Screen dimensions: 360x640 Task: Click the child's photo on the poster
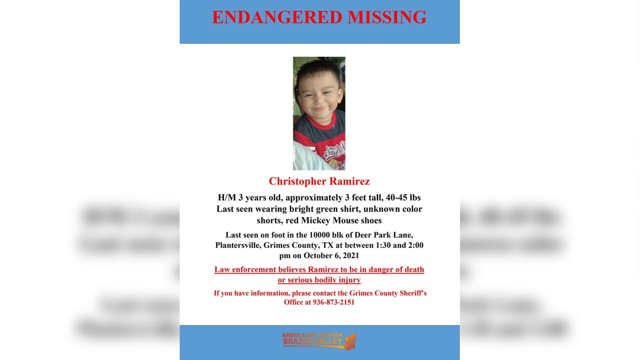[x=319, y=113]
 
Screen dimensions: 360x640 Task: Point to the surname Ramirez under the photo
[x=351, y=181]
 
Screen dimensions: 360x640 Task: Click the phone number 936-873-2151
[x=333, y=302]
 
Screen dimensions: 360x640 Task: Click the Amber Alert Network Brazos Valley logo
[x=319, y=340]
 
